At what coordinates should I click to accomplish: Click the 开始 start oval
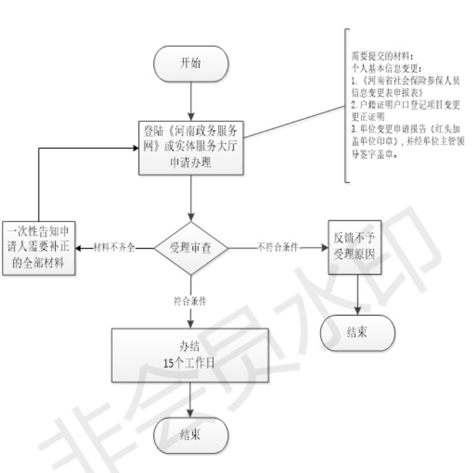pyautogui.click(x=191, y=64)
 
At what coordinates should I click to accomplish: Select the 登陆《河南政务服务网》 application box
pyautogui.click(x=191, y=147)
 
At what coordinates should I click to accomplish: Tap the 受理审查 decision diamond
pyautogui.click(x=191, y=248)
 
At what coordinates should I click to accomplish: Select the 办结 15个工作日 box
pyautogui.click(x=191, y=353)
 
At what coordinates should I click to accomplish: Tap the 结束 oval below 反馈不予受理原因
pyautogui.click(x=357, y=333)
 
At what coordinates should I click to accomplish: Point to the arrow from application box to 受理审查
pyautogui.click(x=191, y=198)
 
